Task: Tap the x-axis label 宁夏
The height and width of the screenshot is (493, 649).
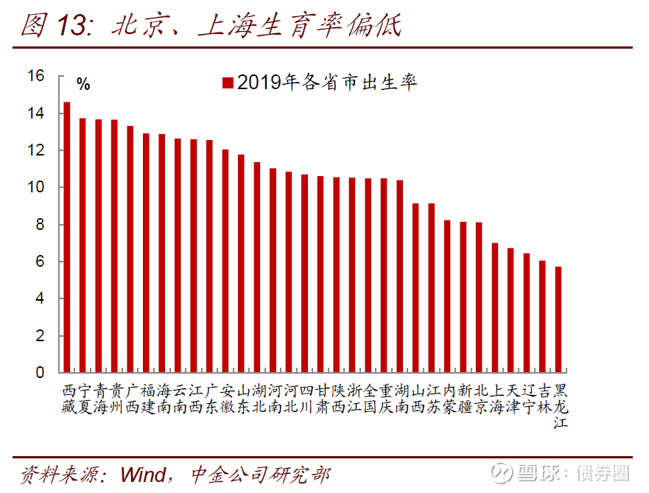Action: point(83,398)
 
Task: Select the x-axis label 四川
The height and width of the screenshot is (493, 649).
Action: point(305,398)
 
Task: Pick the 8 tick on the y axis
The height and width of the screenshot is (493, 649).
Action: point(40,225)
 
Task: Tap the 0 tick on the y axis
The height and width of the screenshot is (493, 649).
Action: point(40,373)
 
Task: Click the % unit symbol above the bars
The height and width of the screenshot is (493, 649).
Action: point(83,84)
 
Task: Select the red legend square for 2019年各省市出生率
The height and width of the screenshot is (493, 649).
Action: point(228,83)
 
